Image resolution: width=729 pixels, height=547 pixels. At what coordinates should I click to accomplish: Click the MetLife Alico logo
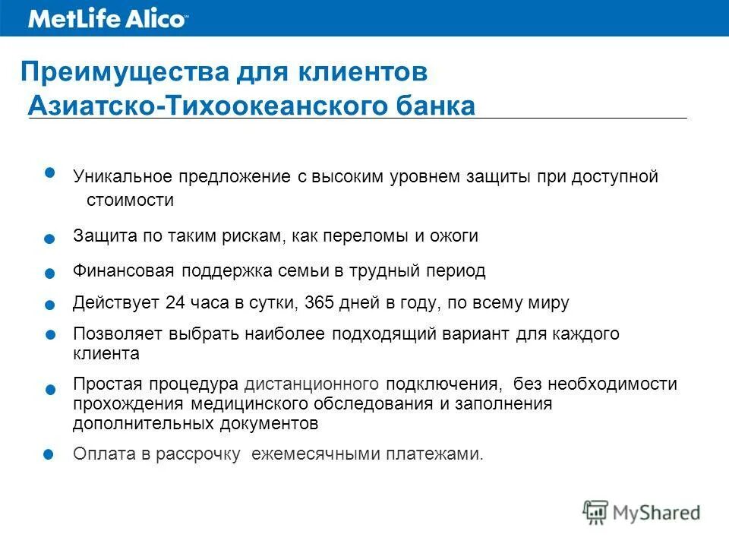tap(106, 19)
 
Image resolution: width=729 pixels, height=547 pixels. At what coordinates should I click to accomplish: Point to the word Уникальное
tap(122, 177)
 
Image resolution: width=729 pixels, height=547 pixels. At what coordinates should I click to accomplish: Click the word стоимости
tap(130, 201)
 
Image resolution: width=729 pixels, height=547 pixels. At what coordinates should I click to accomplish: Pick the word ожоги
tap(455, 236)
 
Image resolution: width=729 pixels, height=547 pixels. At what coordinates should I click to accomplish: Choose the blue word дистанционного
tap(311, 384)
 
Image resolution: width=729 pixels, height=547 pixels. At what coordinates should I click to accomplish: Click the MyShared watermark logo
tap(641, 513)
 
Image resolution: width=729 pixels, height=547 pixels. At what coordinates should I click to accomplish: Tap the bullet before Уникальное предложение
tap(50, 172)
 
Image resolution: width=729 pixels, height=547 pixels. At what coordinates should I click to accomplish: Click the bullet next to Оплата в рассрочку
tap(48, 454)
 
